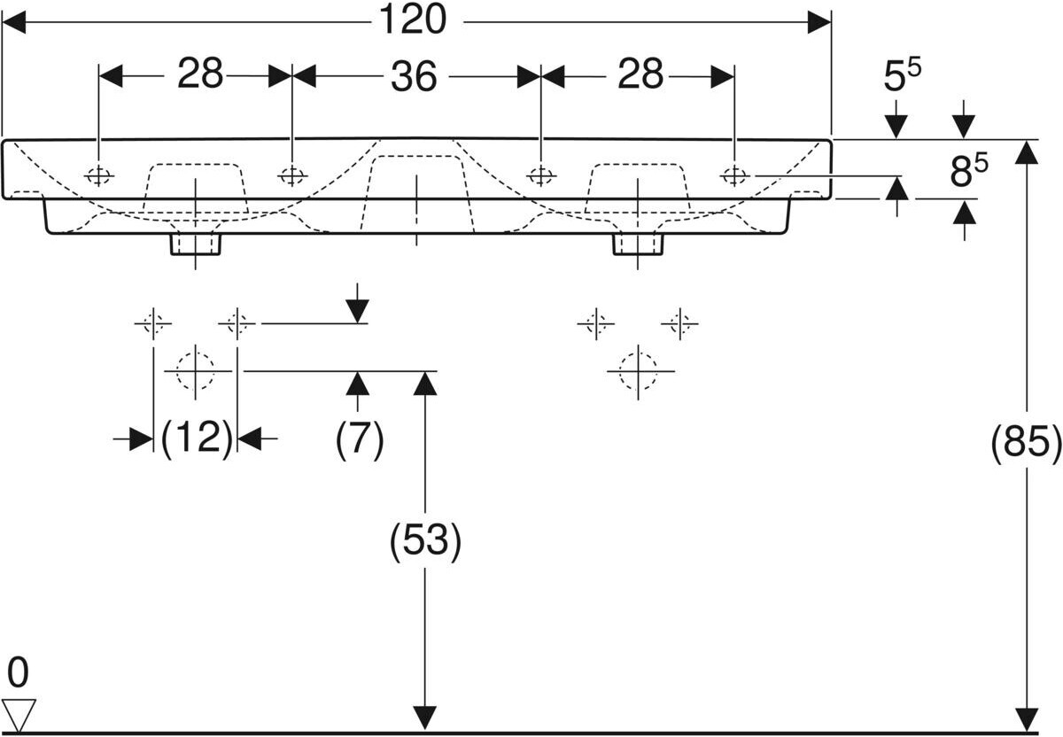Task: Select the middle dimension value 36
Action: [414, 77]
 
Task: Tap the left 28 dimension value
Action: [200, 75]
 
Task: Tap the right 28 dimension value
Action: [640, 75]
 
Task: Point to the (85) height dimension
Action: [1026, 444]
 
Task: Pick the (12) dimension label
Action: [197, 438]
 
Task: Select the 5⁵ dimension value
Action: [901, 77]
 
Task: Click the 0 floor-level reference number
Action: [17, 673]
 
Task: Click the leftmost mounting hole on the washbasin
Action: [99, 175]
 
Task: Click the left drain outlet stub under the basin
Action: [195, 244]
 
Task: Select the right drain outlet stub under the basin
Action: [638, 244]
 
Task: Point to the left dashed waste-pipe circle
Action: [195, 370]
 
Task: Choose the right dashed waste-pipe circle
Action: [638, 370]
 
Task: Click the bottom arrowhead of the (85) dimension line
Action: [1026, 719]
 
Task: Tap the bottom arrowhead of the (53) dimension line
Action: [426, 719]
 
